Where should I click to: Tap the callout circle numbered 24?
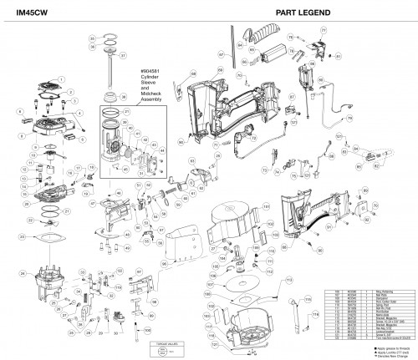coord(20,271)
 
